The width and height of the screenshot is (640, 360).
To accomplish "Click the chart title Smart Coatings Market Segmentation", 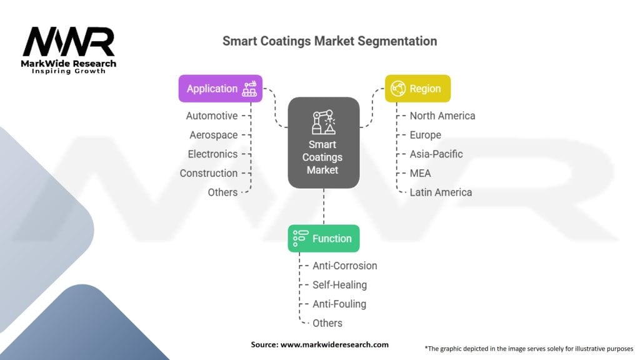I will coord(329,41).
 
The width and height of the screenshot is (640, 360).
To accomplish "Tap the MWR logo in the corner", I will coord(69,44).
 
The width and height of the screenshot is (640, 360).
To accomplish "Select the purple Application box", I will coord(221,89).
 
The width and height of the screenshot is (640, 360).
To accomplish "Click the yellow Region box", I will coord(417,89).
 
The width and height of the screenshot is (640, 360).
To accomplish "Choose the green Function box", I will coord(323,239).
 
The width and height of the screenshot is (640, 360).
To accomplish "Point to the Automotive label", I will coord(212,116).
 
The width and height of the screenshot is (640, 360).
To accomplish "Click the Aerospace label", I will coord(214,135).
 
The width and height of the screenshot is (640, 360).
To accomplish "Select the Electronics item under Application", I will coord(212,154).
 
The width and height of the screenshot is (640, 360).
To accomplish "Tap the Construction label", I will coord(209,173).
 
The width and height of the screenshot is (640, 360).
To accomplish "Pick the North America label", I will coord(442,116).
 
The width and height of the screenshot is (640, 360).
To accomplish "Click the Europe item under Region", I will coord(426,135).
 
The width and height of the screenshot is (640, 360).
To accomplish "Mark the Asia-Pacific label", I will coord(436,154).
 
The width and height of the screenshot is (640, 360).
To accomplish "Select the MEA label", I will coord(421,173).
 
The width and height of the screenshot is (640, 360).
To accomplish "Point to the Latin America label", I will coord(441,192).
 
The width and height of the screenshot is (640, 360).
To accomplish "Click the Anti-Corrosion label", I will coord(345,266).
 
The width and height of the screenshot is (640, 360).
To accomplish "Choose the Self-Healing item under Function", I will coord(340,285).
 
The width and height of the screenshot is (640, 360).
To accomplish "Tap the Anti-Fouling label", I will coord(339,304).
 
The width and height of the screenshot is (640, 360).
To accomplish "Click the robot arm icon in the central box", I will coord(323,122).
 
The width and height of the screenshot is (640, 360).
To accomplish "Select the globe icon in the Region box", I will coord(397,89).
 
